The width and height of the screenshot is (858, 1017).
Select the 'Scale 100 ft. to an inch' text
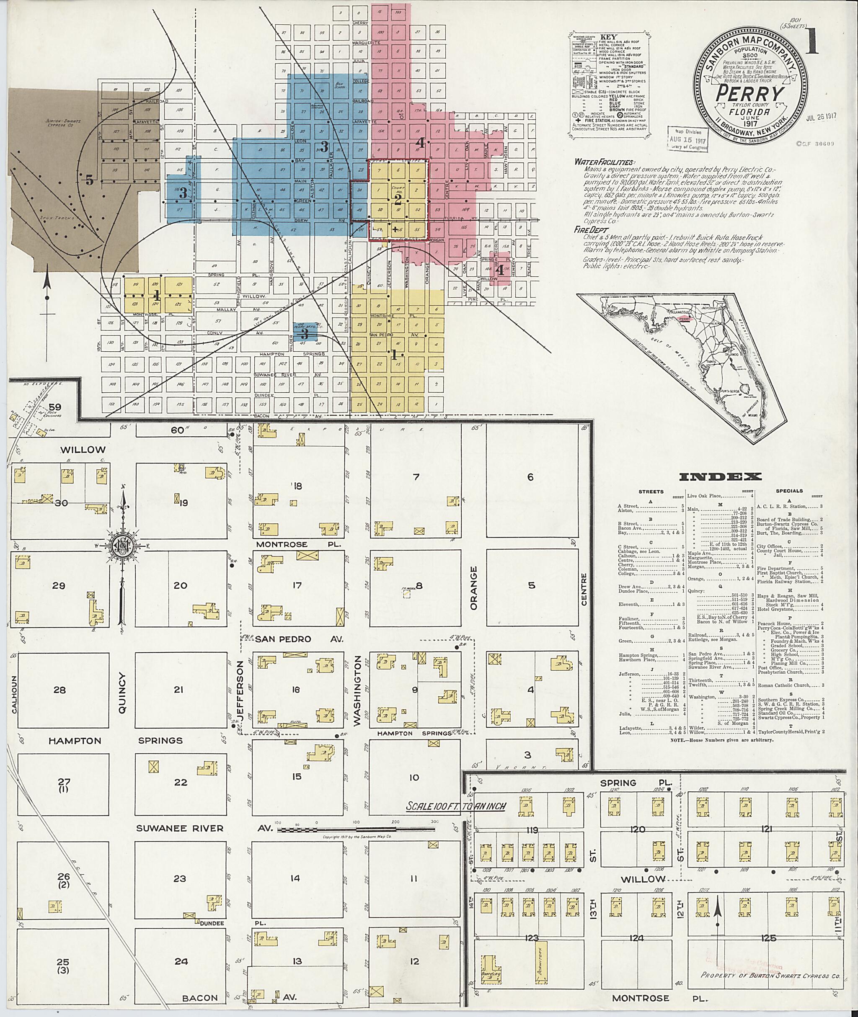(x=456, y=806)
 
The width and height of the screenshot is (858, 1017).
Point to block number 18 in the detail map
(x=297, y=486)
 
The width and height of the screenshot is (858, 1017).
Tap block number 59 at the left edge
(x=58, y=407)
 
